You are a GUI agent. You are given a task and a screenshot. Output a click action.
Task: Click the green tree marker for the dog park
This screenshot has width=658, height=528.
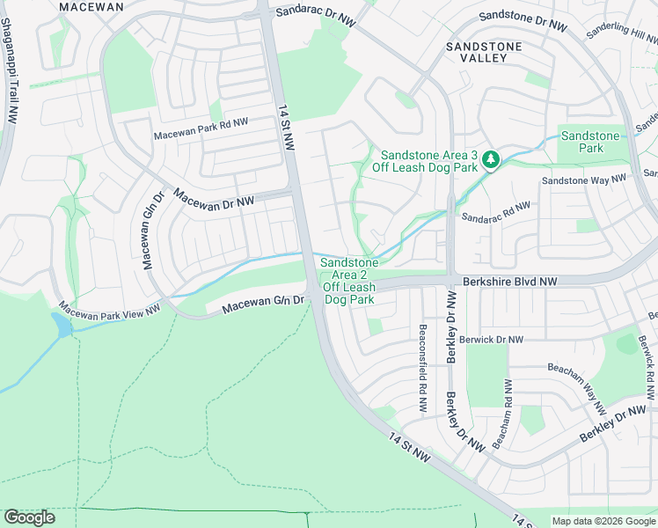coord(491,160)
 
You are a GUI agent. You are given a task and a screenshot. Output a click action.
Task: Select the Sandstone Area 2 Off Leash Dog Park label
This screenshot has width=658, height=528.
coord(349,281)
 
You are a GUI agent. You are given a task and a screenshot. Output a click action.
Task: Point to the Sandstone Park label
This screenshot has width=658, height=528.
coord(590,142)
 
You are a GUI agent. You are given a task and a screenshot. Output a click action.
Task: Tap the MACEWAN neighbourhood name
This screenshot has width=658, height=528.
coord(91,6)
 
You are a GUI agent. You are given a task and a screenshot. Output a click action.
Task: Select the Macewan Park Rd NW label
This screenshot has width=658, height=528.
coord(201,128)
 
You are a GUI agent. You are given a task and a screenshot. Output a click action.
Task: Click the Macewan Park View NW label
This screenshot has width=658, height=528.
coord(110,309)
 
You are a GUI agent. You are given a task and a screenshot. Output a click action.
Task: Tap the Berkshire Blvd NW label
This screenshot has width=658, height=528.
coord(510,282)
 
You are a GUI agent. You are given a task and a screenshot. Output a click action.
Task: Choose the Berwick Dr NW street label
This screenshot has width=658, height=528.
coord(492,339)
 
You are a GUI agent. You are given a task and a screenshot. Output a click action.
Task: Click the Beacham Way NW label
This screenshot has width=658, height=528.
coord(577,389)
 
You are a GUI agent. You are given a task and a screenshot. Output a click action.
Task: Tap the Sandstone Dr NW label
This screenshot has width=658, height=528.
coord(522,21)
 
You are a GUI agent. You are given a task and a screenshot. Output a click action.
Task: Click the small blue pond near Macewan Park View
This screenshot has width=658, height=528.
coord(62,325)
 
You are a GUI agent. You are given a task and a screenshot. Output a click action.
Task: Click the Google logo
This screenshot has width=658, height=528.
coord(29,517)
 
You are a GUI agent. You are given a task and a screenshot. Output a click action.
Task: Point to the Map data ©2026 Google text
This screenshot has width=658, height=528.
coord(603,521)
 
